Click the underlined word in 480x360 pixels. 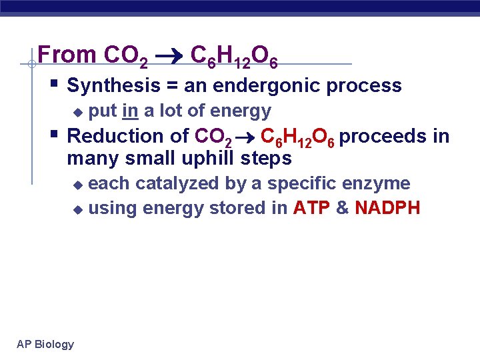[130, 111]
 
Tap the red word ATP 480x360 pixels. [311, 208]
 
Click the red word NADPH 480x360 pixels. [387, 208]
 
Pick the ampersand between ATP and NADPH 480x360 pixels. [342, 208]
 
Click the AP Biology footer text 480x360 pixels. [45, 344]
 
